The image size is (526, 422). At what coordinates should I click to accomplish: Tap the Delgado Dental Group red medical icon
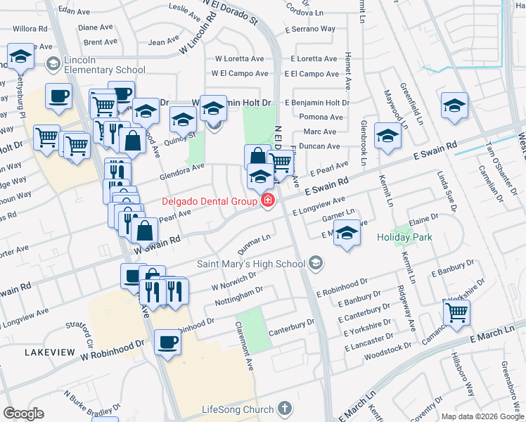coord(267,202)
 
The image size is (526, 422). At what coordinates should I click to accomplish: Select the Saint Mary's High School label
coord(251,264)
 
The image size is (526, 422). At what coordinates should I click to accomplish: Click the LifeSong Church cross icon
coord(284,409)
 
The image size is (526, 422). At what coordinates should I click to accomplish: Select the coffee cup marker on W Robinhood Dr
coord(167,343)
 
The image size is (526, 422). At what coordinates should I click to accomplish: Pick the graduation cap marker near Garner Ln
coord(347,233)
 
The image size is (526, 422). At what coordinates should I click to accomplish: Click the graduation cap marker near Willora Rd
coord(20,56)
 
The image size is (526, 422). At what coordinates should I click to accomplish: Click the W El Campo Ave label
coord(240,74)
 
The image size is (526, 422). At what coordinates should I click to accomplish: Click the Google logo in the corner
coord(23,414)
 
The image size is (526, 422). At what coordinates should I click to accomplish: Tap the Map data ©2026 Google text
coord(482,416)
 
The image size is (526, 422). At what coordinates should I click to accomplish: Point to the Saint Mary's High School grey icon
coord(316,264)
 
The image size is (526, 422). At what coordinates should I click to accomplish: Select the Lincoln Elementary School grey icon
coord(52,65)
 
